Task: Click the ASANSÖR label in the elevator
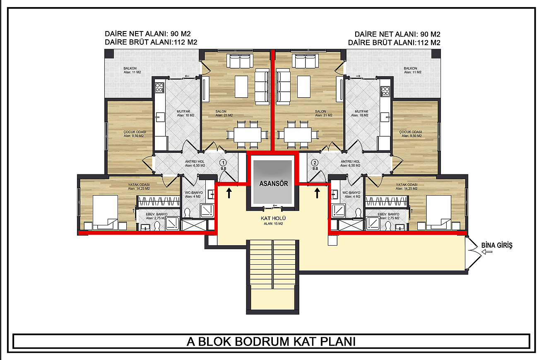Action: pos(274,184)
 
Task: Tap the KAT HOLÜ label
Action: pos(273,218)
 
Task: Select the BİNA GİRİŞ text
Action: pos(497,245)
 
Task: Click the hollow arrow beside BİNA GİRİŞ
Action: pos(487,252)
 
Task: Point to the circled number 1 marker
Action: pos(223,163)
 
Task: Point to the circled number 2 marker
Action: pos(315,163)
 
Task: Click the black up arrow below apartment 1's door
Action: pos(229,193)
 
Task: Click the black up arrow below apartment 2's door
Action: pos(317,193)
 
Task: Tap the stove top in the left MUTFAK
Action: pos(159,88)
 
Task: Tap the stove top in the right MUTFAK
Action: pos(385,92)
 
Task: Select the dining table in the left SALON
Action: pos(248,135)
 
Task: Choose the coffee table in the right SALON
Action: pos(304,87)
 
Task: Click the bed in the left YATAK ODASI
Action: pos(105,212)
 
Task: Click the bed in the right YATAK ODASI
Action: pos(438,212)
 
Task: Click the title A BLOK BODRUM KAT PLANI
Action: pos(271,341)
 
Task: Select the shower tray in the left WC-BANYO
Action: pos(207,210)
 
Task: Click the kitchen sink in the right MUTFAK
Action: pos(385,117)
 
